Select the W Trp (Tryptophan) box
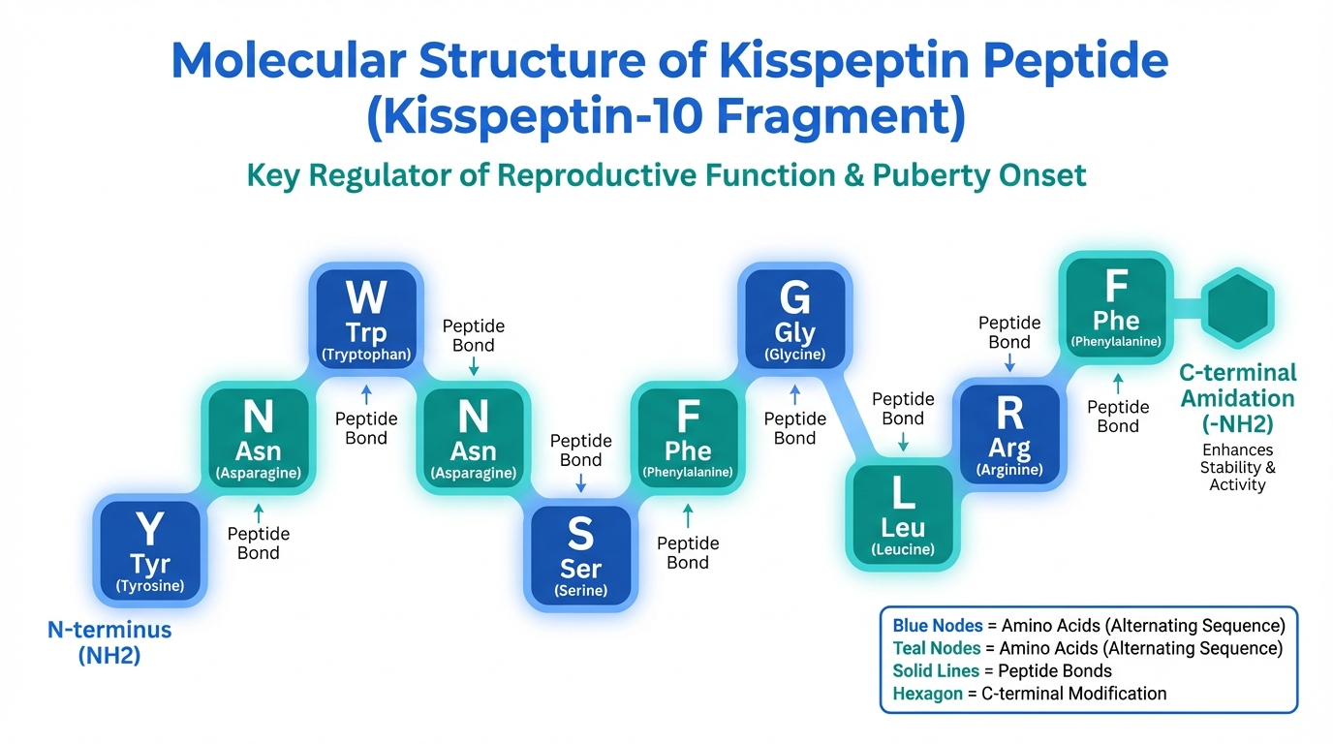click(x=365, y=318)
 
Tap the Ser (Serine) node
click(x=580, y=555)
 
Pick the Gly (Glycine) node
click(x=794, y=319)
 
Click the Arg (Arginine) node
click(x=1009, y=435)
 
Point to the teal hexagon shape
click(x=1237, y=307)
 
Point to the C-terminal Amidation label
click(x=1237, y=398)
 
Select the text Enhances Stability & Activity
click(x=1237, y=467)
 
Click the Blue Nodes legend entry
click(x=1088, y=625)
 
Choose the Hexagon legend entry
click(x=1029, y=693)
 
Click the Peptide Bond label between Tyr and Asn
click(x=258, y=543)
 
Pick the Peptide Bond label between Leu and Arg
click(x=903, y=409)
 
